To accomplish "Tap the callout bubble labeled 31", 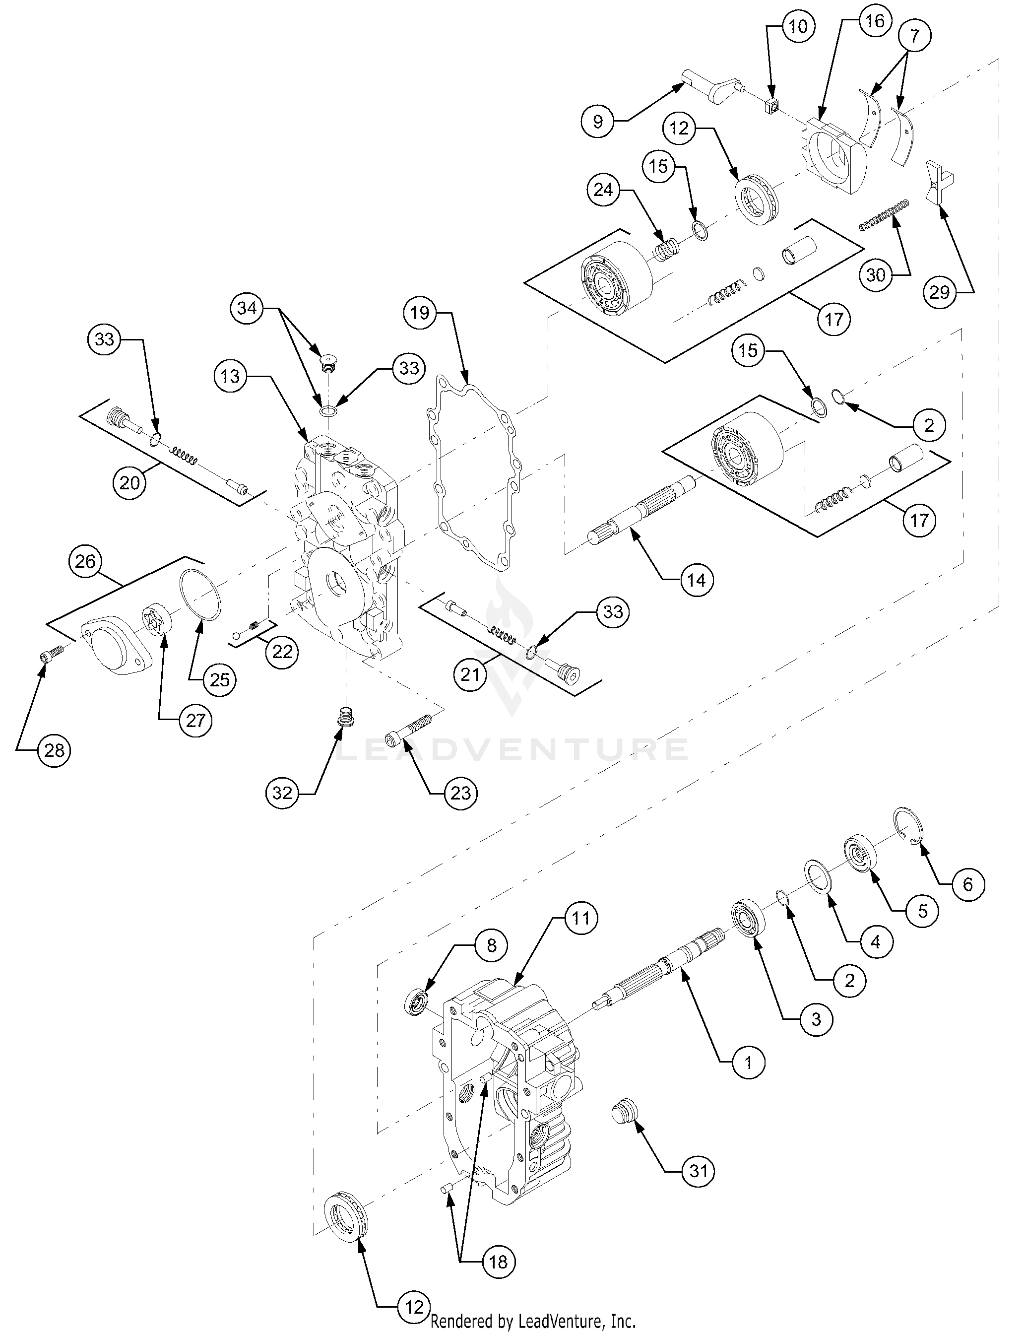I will (698, 1171).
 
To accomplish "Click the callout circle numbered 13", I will (230, 376).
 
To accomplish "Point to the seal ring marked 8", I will (418, 1003).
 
